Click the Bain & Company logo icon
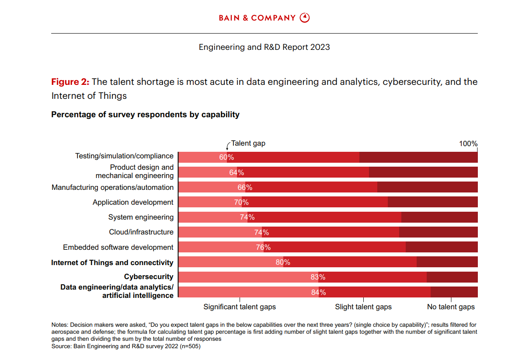pyautogui.click(x=305, y=18)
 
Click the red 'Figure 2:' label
pyautogui.click(x=70, y=82)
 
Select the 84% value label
pyautogui.click(x=318, y=292)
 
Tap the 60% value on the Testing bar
pyautogui.click(x=226, y=157)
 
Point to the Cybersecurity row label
pyautogui.click(x=149, y=277)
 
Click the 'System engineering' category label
pyautogui.click(x=141, y=217)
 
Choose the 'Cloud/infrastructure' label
pyautogui.click(x=141, y=232)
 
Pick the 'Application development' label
pyautogui.click(x=133, y=203)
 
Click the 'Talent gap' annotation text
pyautogui.click(x=248, y=143)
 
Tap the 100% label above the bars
pyautogui.click(x=468, y=143)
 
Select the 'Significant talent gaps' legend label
pyautogui.click(x=240, y=307)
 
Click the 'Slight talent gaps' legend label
pyautogui.click(x=363, y=307)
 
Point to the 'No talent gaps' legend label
pyautogui.click(x=451, y=307)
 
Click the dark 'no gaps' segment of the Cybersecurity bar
pyautogui.click(x=452, y=277)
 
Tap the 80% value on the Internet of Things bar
pyautogui.click(x=283, y=262)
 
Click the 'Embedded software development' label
pyautogui.click(x=118, y=248)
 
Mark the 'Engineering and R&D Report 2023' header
pyautogui.click(x=264, y=47)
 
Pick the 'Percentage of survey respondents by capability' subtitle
pyautogui.click(x=145, y=115)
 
